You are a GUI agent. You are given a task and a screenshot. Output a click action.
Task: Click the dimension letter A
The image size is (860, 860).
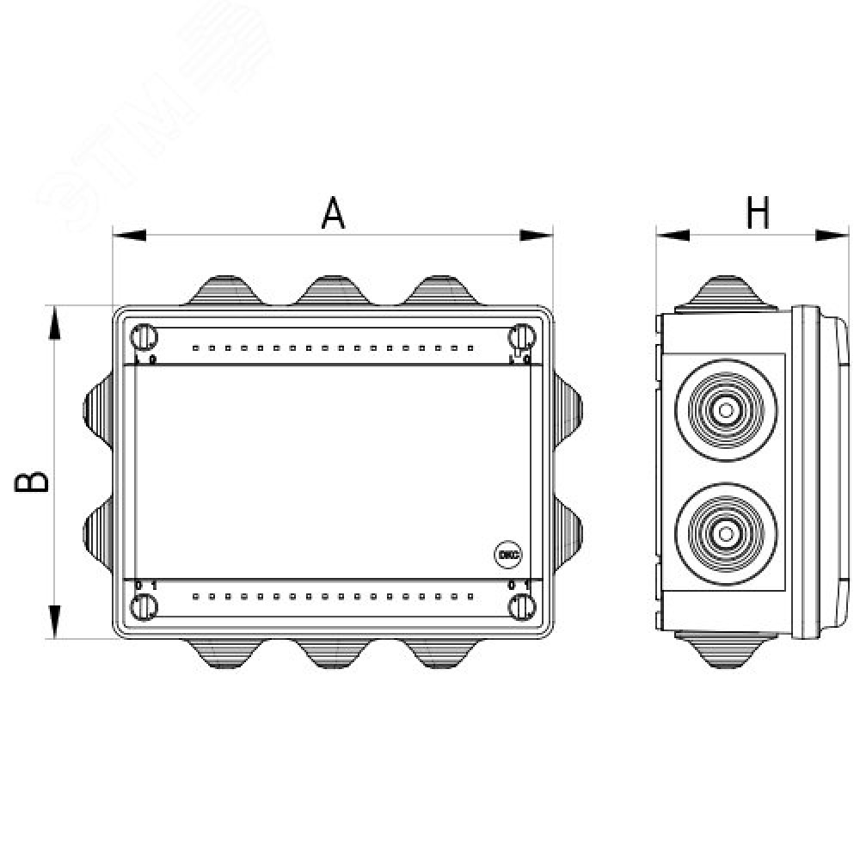tap(333, 212)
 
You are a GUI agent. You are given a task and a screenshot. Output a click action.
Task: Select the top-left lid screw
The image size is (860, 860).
tap(143, 335)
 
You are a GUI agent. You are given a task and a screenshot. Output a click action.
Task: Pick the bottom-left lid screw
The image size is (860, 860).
tap(143, 607)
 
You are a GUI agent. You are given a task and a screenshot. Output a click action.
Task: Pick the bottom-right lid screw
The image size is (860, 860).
tap(519, 607)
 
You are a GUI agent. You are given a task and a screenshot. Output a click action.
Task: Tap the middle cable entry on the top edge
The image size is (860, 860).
tap(332, 290)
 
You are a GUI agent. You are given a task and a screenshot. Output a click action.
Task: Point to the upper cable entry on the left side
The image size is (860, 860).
tap(97, 409)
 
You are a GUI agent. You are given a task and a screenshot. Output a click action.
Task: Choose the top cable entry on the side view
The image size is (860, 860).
tap(727, 291)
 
